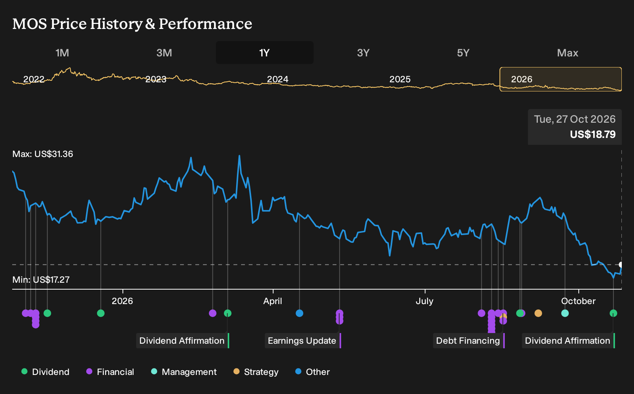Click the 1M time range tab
coord(62,53)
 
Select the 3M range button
coord(164,53)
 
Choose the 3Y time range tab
coord(364,53)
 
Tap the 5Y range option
coord(463,53)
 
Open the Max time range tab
coord(568,53)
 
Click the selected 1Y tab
coord(265,53)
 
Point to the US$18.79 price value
coord(593,134)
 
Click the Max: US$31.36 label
coord(43,154)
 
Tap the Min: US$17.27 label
coord(41,280)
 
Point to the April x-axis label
coord(273,301)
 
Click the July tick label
coord(425,301)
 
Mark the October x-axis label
coord(578,301)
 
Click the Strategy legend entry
coord(256,372)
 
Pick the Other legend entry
coord(312,372)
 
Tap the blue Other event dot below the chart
coord(299,313)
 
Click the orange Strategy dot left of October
coord(538,313)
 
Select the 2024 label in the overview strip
coord(278,79)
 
